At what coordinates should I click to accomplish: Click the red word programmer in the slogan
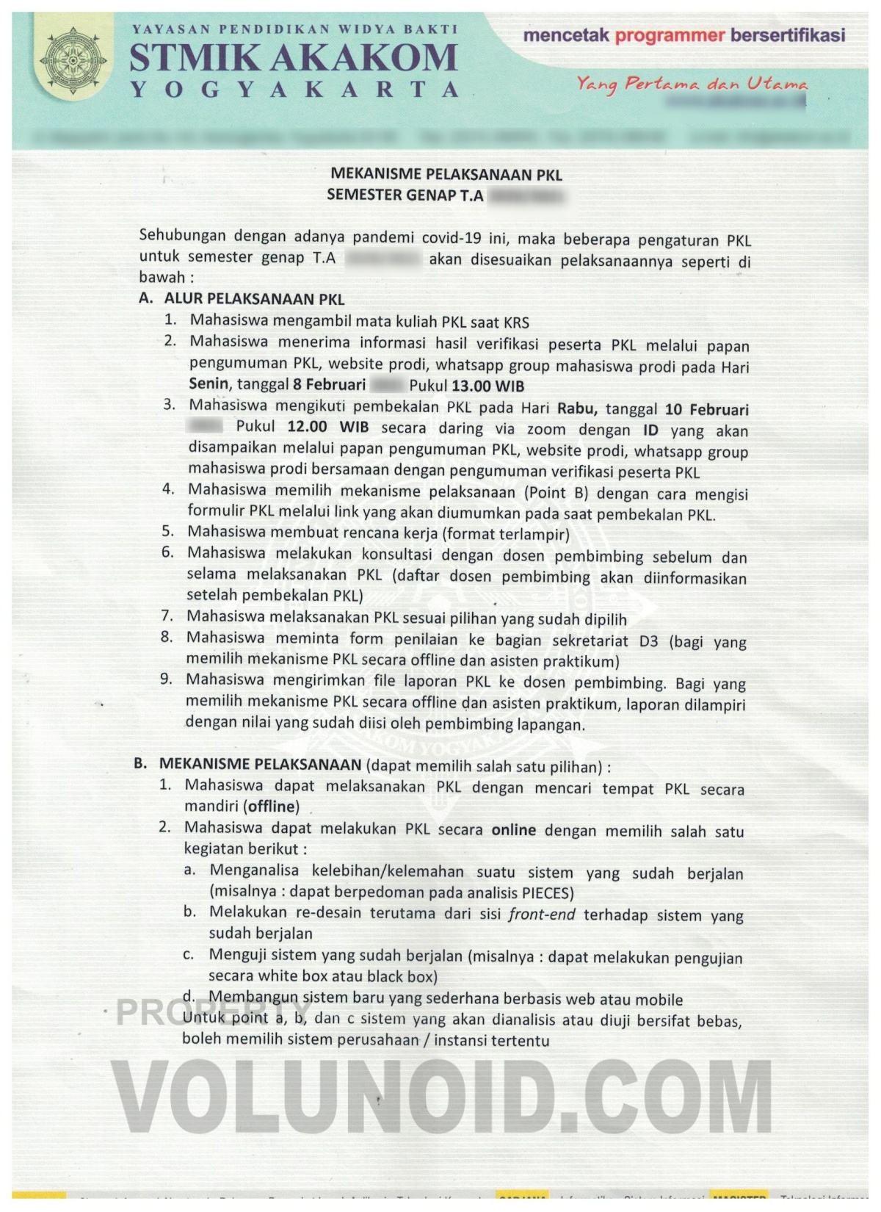tap(670, 35)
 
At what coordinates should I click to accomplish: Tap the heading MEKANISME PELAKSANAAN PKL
tap(446, 174)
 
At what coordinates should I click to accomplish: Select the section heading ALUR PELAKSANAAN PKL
tap(253, 299)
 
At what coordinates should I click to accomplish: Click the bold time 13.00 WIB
tap(487, 386)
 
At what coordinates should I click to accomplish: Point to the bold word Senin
tap(209, 384)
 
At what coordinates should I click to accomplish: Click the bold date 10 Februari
tap(706, 410)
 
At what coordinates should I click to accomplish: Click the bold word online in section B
tap(513, 830)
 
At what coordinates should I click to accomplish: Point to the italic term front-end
tap(542, 915)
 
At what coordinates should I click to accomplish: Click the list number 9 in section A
tap(167, 679)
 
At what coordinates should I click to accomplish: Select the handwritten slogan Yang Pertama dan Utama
tap(691, 84)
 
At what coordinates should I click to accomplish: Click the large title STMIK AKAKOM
tap(294, 57)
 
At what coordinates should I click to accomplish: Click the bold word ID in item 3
tap(650, 430)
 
